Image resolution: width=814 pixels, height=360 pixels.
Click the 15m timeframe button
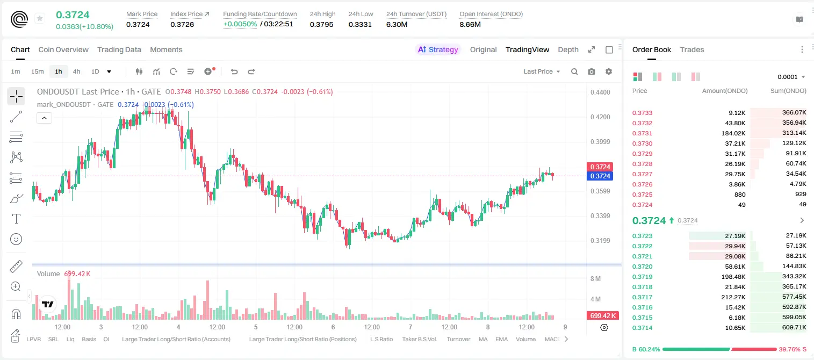[38, 71]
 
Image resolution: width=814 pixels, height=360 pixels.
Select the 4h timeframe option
[76, 71]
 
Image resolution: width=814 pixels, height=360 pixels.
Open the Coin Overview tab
[63, 49]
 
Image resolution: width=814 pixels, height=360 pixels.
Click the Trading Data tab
[119, 49]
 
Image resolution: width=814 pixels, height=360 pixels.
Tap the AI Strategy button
[438, 49]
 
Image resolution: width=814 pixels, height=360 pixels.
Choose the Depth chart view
[568, 49]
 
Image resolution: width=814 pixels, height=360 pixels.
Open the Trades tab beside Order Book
[692, 49]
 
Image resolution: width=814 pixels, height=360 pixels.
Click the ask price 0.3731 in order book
[642, 133]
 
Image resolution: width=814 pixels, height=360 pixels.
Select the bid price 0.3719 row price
[642, 277]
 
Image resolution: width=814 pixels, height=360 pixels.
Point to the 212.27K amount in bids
[733, 297]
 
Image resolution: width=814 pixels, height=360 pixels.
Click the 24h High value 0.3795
[322, 24]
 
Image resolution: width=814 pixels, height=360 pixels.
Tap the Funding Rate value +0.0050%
[240, 24]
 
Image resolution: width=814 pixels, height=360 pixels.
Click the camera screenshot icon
[592, 71]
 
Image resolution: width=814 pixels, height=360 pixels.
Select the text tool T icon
[16, 219]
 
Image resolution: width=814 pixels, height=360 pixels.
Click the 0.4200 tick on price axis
[600, 117]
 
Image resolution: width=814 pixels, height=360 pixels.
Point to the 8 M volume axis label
[596, 279]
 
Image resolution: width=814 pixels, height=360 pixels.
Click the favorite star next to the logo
[40, 18]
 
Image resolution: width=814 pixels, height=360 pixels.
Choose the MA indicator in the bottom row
[483, 339]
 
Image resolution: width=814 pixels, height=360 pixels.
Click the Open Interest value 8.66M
[470, 24]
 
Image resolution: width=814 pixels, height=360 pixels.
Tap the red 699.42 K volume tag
[603, 316]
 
